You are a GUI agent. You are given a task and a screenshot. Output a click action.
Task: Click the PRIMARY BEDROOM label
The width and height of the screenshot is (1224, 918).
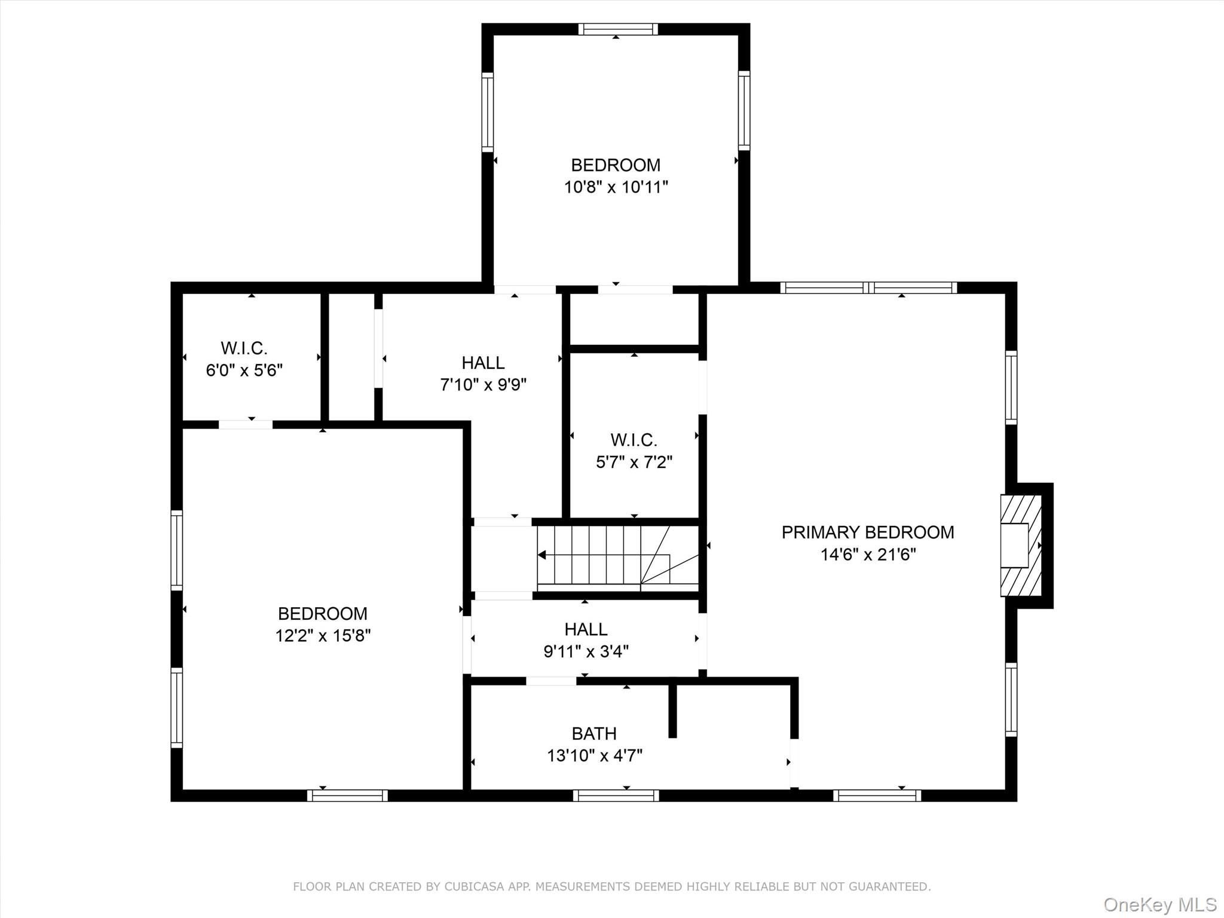(867, 532)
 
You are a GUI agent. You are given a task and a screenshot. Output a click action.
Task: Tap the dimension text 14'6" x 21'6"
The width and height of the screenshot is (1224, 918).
(867, 555)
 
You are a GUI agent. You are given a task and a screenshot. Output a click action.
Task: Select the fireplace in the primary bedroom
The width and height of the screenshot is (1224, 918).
(1021, 545)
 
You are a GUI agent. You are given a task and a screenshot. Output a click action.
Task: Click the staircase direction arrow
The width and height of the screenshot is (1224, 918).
(543, 555)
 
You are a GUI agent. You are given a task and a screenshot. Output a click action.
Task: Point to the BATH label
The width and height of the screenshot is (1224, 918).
(593, 733)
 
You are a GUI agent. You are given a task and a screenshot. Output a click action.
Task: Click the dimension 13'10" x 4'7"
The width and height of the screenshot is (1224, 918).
(594, 756)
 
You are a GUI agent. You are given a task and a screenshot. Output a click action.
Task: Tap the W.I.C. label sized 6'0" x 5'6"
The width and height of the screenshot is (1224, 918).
(244, 348)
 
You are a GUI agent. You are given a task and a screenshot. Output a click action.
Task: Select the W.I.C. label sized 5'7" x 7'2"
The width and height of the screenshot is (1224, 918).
(634, 440)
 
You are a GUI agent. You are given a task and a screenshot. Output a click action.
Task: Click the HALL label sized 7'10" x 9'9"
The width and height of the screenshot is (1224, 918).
(483, 363)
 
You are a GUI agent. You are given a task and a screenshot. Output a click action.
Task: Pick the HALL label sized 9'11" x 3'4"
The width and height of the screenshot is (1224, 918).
(586, 629)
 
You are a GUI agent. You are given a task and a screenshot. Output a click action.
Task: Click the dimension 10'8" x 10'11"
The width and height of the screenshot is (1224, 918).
(616, 187)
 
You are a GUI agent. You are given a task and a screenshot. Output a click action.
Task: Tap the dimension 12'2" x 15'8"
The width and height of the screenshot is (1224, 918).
(323, 635)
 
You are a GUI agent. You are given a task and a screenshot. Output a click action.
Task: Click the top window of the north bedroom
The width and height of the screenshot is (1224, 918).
(618, 29)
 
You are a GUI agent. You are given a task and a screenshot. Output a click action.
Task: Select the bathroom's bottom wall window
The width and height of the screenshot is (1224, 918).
(616, 795)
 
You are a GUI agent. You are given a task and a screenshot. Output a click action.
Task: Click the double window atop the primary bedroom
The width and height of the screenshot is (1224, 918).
(868, 287)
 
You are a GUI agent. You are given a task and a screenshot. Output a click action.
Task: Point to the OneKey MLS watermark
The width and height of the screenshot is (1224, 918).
(1159, 904)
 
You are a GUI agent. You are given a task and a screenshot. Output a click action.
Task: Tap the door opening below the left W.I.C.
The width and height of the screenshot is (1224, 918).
(246, 424)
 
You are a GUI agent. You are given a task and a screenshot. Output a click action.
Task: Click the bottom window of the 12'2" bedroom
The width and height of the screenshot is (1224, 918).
(347, 795)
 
